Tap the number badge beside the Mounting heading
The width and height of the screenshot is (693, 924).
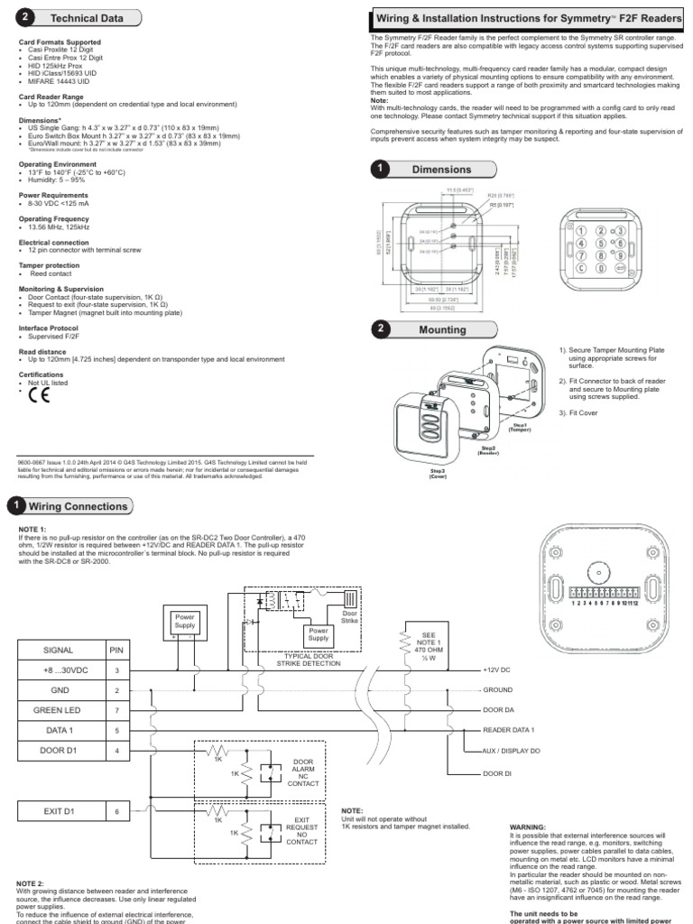click(x=383, y=329)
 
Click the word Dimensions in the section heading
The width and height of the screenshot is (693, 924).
click(x=441, y=169)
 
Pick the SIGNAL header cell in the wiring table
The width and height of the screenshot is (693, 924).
click(x=59, y=648)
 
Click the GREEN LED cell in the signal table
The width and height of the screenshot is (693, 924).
click(x=59, y=711)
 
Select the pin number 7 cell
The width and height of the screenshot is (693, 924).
click(x=116, y=711)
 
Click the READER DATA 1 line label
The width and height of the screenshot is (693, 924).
click(x=508, y=729)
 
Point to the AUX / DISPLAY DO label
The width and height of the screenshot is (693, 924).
click(x=512, y=751)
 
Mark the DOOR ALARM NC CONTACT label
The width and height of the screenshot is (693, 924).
click(x=302, y=772)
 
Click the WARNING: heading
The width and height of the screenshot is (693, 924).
click(x=528, y=826)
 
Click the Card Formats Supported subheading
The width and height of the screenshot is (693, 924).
click(x=60, y=42)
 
